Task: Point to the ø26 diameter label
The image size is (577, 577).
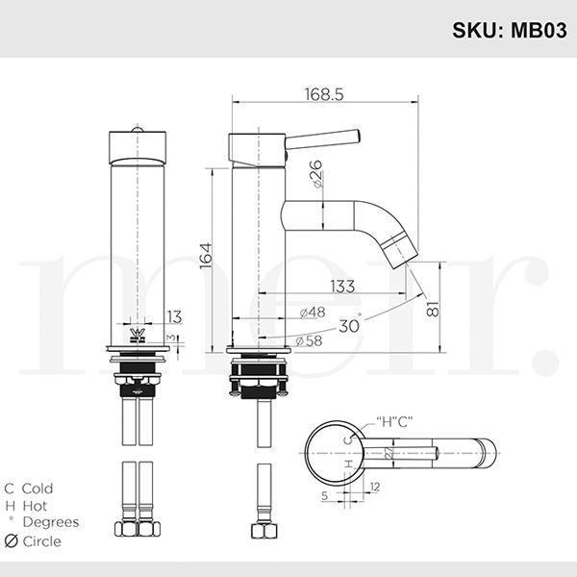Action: coord(315,175)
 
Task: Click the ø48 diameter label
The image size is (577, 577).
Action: coord(310,313)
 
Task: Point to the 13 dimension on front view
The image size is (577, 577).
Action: coord(173,315)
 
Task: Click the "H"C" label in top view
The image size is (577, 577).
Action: coord(394,420)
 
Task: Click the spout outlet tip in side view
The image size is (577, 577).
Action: coord(399,251)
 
